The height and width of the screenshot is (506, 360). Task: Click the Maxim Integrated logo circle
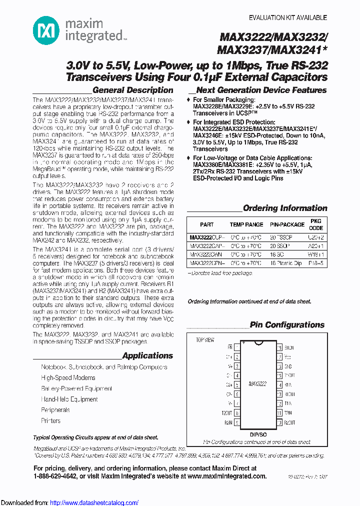[46, 29]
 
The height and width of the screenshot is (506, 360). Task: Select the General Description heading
[132, 90]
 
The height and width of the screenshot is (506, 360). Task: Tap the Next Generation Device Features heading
[261, 90]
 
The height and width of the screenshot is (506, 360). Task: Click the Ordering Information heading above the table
[284, 208]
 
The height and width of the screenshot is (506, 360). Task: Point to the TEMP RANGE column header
[246, 225]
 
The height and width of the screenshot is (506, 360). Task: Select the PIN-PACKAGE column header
[287, 225]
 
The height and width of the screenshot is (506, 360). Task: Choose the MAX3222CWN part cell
[205, 254]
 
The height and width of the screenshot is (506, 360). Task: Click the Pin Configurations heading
[287, 325]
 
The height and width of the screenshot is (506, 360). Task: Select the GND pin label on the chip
[288, 366]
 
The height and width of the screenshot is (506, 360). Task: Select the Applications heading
[147, 356]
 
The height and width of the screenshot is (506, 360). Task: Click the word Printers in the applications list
[50, 421]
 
